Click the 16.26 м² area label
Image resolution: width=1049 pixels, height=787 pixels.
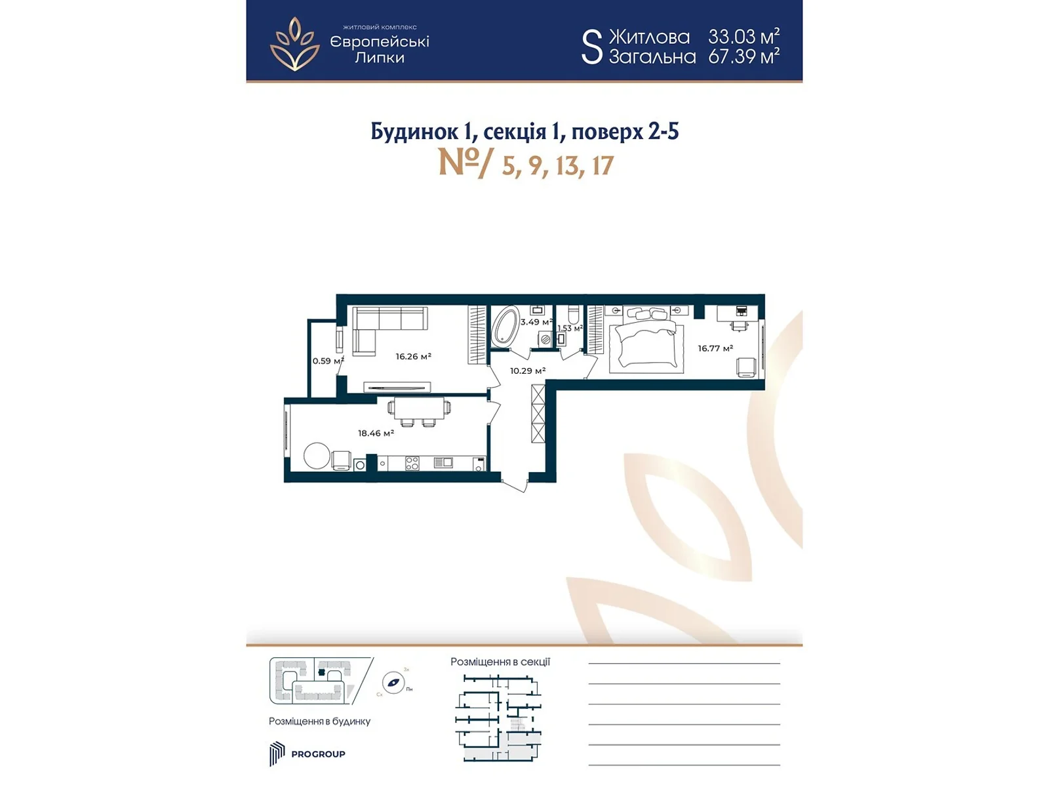pyautogui.click(x=413, y=357)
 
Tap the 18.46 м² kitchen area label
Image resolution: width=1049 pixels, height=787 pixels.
pyautogui.click(x=376, y=434)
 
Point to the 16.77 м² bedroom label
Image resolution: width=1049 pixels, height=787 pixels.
pyautogui.click(x=715, y=348)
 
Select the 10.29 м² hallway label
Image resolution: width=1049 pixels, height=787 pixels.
pyautogui.click(x=528, y=371)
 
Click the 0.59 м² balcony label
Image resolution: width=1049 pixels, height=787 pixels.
pyautogui.click(x=328, y=361)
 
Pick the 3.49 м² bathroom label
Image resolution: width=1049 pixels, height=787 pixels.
pyautogui.click(x=536, y=322)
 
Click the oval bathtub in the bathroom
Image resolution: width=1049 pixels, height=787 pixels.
pyautogui.click(x=504, y=327)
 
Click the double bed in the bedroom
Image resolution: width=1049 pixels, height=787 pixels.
pyautogui.click(x=646, y=343)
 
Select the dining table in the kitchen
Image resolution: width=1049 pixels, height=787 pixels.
pyautogui.click(x=419, y=408)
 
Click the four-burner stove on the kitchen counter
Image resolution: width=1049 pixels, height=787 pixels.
pyautogui.click(x=412, y=463)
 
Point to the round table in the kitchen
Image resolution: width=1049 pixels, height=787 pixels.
pyautogui.click(x=317, y=456)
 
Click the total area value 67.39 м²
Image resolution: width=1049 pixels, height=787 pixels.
pyautogui.click(x=743, y=56)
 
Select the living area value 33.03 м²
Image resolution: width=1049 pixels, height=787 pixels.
pyautogui.click(x=743, y=36)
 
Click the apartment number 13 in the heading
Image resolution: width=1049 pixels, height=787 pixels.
pyautogui.click(x=568, y=166)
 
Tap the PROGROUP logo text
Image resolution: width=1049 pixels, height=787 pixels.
pyautogui.click(x=318, y=754)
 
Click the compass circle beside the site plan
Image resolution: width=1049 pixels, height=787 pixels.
pyautogui.click(x=393, y=683)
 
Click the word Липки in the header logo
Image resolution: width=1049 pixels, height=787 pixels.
pyautogui.click(x=380, y=58)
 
